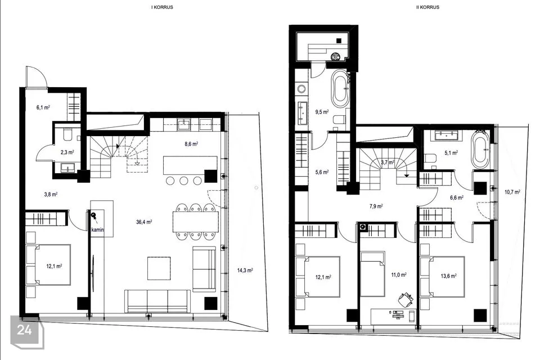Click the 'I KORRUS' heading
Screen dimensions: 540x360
(x=162, y=7)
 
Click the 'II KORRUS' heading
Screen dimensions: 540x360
(x=427, y=7)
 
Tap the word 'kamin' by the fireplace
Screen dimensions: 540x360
(x=97, y=229)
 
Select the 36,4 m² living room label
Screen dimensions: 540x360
(x=144, y=222)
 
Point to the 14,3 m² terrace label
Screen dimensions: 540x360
(x=245, y=271)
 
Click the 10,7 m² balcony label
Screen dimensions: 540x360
(x=512, y=192)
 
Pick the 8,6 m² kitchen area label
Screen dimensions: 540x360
(x=191, y=144)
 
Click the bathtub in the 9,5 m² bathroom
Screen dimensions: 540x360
(x=340, y=88)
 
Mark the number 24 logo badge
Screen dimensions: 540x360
(x=27, y=331)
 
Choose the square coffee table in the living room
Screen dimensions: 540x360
(x=159, y=268)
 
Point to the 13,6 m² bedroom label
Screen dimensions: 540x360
(x=448, y=276)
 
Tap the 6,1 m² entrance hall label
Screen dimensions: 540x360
(x=43, y=107)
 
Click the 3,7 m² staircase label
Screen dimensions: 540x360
(x=388, y=163)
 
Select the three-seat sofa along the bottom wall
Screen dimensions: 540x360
(x=157, y=301)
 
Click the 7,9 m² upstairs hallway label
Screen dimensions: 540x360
(x=376, y=206)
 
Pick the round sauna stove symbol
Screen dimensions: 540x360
(x=335, y=56)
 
